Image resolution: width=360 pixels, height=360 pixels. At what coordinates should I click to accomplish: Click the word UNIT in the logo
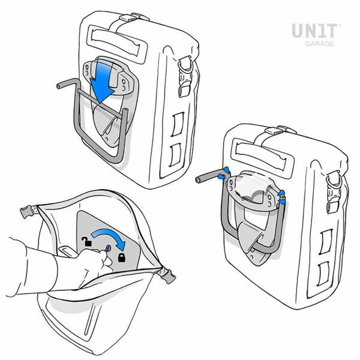point(314,31)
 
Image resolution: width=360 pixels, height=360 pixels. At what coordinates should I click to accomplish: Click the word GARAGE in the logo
point(320,44)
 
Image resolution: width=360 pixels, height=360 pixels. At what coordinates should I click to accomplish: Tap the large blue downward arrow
point(101,82)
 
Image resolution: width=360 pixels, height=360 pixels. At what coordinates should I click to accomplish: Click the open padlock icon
point(86,242)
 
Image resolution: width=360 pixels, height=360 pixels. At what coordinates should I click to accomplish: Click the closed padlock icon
point(122,257)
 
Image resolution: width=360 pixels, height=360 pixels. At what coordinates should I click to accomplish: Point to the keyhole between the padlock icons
point(107,248)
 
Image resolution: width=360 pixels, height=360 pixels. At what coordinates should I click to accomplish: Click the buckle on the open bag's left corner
point(29,211)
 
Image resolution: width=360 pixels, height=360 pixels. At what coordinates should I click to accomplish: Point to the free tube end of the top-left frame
point(59,86)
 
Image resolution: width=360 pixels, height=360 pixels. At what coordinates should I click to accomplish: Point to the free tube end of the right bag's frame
point(198,180)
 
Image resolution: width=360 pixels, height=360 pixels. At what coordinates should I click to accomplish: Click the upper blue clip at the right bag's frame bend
point(226,170)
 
